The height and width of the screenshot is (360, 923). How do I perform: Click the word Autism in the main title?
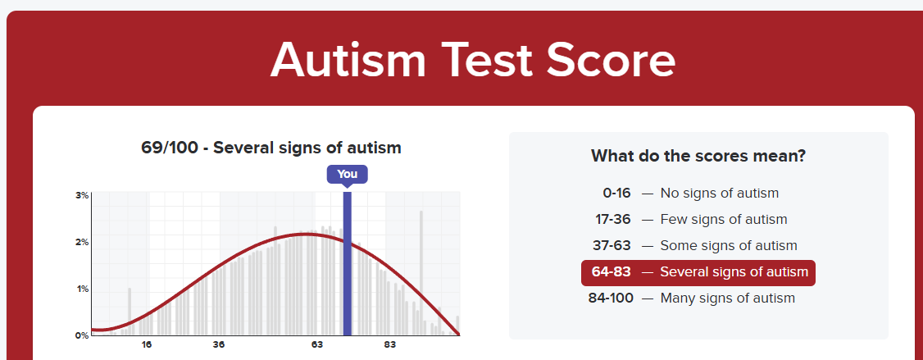(x=348, y=60)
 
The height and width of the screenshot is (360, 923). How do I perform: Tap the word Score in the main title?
(x=611, y=60)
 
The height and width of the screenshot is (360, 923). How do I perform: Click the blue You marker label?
(x=348, y=175)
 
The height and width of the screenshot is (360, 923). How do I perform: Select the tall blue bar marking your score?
(x=348, y=263)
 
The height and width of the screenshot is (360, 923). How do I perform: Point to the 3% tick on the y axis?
(x=82, y=195)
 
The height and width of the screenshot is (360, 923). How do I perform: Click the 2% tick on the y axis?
(x=82, y=242)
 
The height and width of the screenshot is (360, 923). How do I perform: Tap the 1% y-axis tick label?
(x=82, y=289)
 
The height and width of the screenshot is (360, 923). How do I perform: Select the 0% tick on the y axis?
(x=82, y=335)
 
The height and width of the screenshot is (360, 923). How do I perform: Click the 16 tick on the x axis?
(x=147, y=345)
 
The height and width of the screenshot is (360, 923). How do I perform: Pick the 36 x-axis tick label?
(x=218, y=345)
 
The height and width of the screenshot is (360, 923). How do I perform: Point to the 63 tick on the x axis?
(x=317, y=345)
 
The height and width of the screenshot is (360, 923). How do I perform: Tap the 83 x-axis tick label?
(x=389, y=345)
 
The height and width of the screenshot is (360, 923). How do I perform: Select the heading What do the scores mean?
(x=698, y=156)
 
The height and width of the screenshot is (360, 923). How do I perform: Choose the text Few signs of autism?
(x=724, y=220)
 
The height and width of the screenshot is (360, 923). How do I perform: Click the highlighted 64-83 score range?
(x=612, y=272)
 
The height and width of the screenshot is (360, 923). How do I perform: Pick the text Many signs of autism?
(x=728, y=298)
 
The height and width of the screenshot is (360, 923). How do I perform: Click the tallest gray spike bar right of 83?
(x=421, y=273)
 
